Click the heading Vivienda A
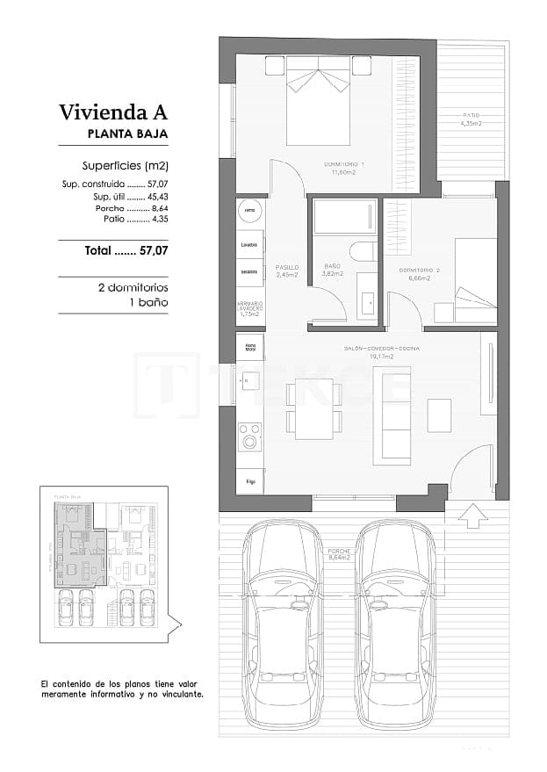[x=112, y=112]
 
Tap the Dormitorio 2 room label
[x=414, y=273]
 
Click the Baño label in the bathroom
[x=332, y=269]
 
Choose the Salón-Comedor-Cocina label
[x=381, y=352]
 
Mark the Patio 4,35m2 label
[x=471, y=120]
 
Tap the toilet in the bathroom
[x=363, y=253]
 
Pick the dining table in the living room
[x=313, y=408]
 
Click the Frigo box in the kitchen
[x=251, y=480]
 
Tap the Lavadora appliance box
[x=249, y=244]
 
